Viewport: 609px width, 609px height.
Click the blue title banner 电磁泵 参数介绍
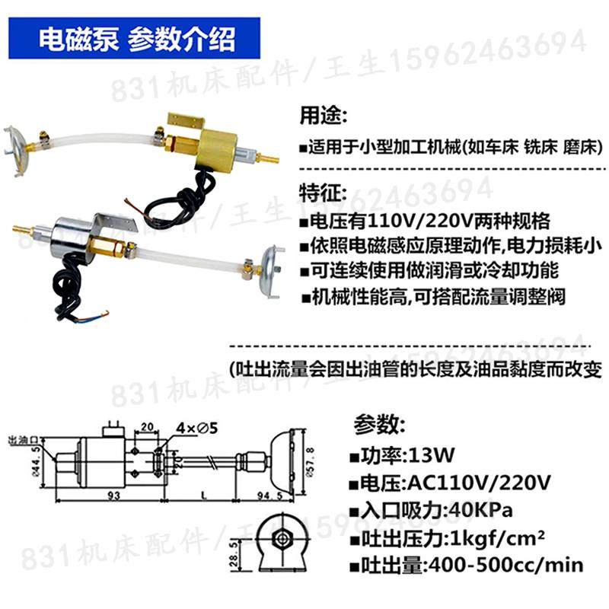[136, 38]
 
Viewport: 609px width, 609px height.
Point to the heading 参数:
[379, 423]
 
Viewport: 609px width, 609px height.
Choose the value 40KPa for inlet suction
[471, 509]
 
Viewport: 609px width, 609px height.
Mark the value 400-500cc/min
[505, 565]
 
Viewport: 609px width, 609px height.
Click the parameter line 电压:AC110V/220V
[454, 483]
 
